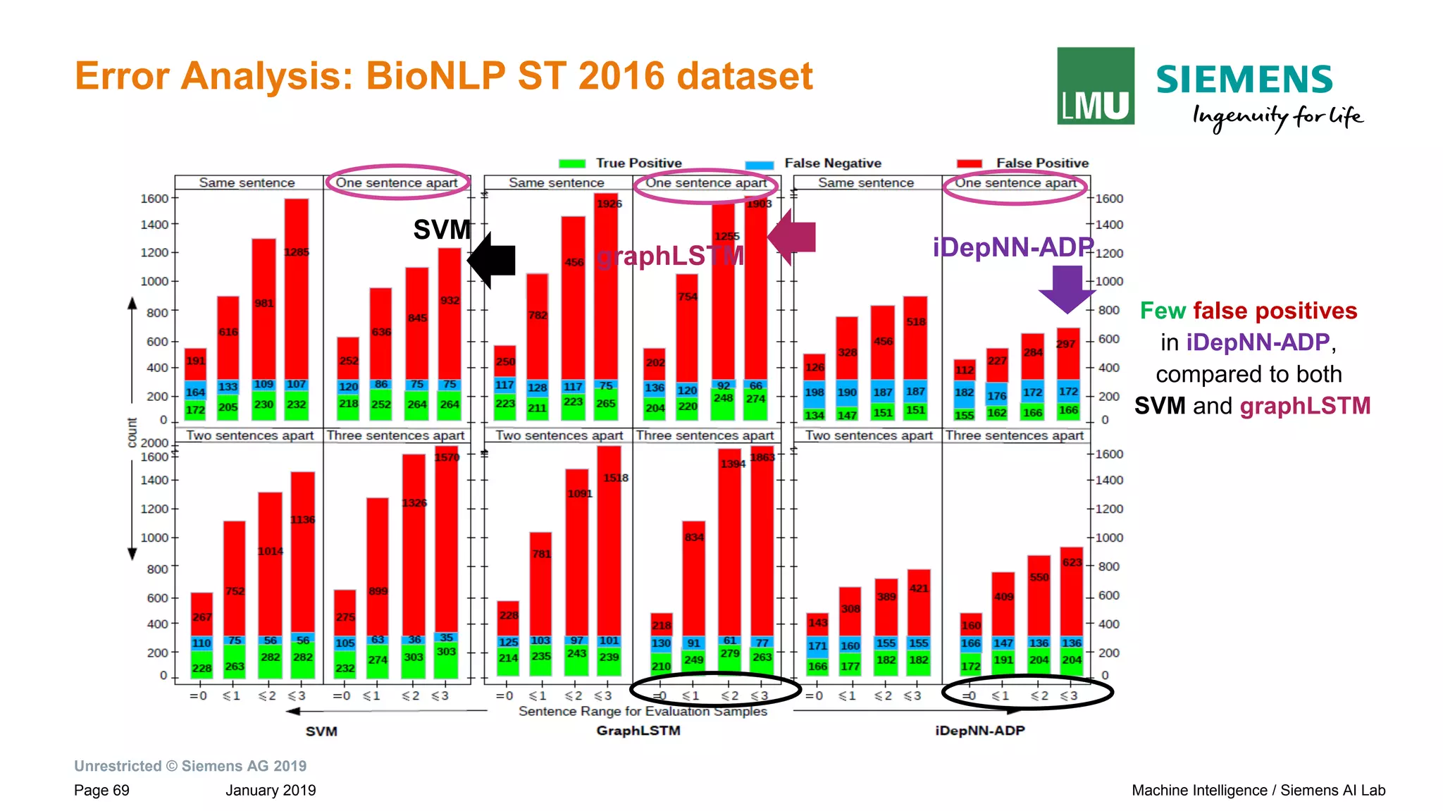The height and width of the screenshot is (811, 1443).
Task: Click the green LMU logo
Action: click(1095, 86)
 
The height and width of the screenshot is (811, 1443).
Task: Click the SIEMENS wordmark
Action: click(1244, 79)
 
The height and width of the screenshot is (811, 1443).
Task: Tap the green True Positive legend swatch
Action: click(571, 163)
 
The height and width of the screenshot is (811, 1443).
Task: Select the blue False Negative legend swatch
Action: click(759, 164)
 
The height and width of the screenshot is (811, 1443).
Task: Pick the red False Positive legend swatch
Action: click(969, 163)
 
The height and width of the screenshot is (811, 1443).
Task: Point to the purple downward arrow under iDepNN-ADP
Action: click(1067, 288)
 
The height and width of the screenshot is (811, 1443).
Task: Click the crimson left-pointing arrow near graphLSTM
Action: click(792, 237)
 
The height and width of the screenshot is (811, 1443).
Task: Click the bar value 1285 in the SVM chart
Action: click(297, 252)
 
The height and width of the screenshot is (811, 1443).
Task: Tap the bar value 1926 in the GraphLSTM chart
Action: click(609, 204)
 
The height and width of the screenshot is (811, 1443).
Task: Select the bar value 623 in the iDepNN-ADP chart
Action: click(1072, 562)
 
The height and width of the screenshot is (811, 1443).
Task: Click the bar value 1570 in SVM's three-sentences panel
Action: click(447, 457)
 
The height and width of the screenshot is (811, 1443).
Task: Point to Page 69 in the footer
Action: click(101, 790)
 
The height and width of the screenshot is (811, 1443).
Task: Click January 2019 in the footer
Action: click(271, 790)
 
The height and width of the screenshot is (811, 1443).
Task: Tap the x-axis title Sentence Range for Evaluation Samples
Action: click(643, 711)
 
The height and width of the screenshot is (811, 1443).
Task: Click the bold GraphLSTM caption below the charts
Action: click(638, 731)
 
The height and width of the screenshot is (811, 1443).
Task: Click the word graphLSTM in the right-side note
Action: click(1305, 406)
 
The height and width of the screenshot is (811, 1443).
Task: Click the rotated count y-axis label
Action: click(132, 433)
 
